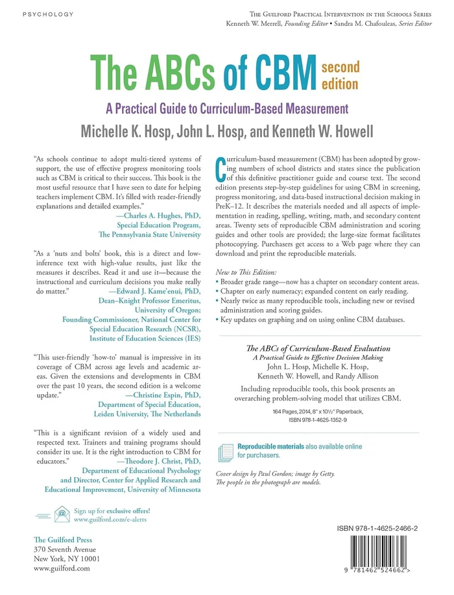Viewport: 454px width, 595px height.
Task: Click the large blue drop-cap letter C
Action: pyautogui.click(x=221, y=167)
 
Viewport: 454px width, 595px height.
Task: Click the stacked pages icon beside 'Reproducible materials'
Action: pyautogui.click(x=226, y=450)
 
